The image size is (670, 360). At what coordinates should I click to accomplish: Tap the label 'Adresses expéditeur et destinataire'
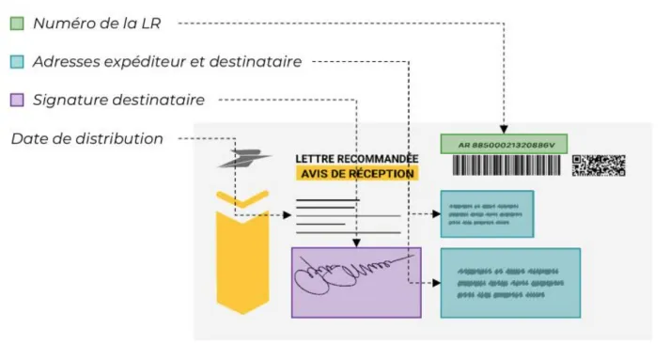pos(166,61)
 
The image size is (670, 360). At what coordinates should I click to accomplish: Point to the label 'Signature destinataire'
pos(118,99)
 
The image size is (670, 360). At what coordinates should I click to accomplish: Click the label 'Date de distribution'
pos(87,138)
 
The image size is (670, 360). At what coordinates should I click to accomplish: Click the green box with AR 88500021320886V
pos(504,144)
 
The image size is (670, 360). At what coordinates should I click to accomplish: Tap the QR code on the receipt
pos(598,165)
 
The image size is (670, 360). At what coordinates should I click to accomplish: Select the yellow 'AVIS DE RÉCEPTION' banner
pos(356,174)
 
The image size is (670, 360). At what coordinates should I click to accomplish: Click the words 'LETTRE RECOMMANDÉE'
pos(356,159)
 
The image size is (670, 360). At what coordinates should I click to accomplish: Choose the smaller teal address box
pos(487,213)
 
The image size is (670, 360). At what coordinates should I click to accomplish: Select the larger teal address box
pos(509,282)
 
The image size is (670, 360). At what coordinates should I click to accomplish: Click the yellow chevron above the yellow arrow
pos(242,198)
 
